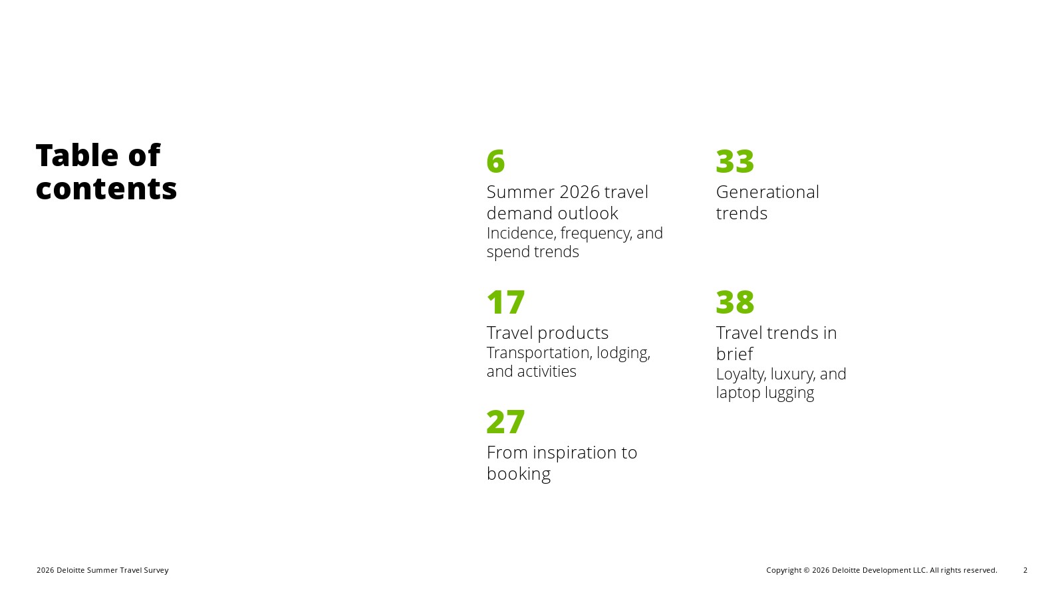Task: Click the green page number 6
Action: point(495,161)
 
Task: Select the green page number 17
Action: point(506,302)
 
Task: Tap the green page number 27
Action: point(506,422)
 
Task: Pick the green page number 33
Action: point(735,161)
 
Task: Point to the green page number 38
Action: point(735,302)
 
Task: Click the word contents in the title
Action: point(106,189)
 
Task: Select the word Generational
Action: point(767,192)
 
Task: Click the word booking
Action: point(519,474)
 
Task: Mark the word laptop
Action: point(738,393)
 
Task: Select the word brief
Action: point(734,353)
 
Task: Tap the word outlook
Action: point(588,213)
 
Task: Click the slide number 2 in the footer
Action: point(1025,570)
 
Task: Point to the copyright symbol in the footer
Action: point(806,570)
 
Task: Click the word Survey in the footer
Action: point(156,571)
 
